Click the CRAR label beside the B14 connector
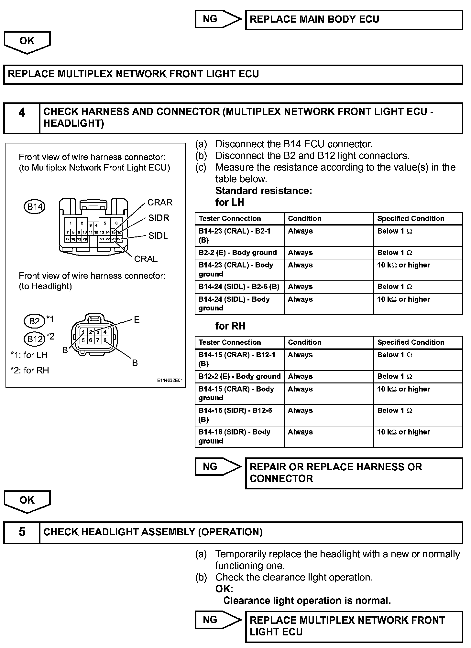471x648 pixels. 160,203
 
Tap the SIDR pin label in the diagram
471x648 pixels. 159,218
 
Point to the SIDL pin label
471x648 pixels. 158,236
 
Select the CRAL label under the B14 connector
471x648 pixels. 146,259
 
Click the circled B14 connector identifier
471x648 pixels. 35,207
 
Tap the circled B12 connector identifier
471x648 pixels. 35,339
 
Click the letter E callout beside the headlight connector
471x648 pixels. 137,320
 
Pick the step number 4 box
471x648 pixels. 22,118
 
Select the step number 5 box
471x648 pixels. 22,532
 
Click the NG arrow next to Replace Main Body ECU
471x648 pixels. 217,19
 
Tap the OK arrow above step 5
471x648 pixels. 27,501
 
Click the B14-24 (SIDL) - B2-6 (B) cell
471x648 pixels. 239,287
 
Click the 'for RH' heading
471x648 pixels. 230,326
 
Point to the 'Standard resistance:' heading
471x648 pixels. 264,191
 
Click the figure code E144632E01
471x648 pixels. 170,381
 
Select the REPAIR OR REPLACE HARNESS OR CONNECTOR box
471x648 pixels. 354,473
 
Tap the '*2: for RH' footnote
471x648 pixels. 30,371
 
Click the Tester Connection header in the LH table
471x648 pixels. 230,219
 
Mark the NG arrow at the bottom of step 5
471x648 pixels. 217,620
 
